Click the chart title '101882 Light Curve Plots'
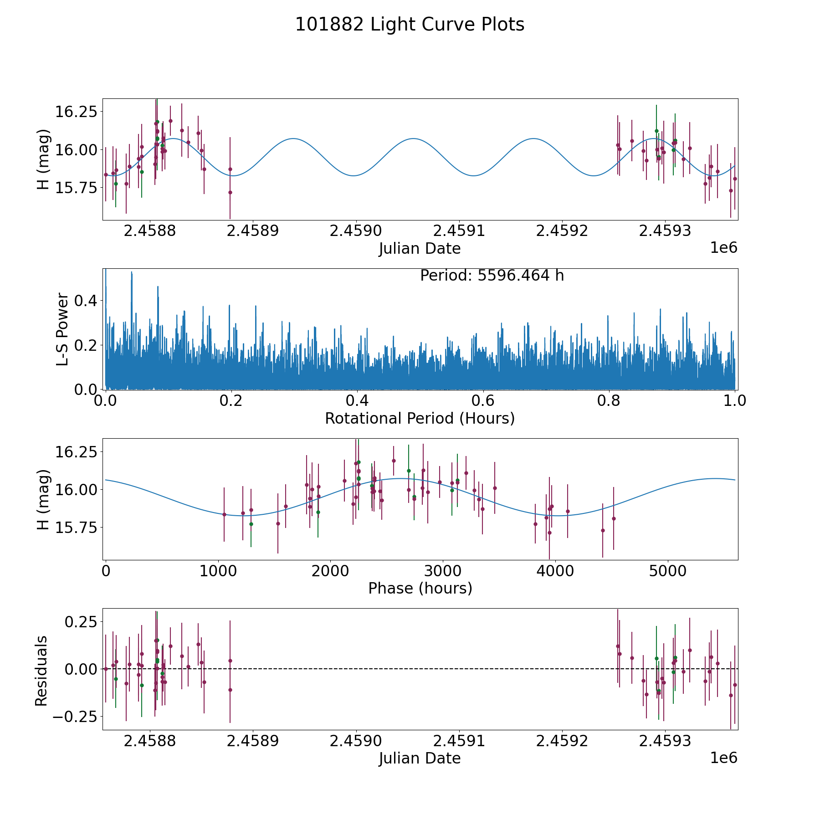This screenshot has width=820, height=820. coord(410,25)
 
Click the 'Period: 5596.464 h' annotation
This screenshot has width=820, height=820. coord(492,276)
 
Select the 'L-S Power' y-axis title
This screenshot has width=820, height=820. coord(62,329)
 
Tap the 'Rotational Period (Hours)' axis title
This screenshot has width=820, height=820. coord(420,418)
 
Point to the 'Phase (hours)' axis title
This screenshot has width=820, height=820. coord(420,588)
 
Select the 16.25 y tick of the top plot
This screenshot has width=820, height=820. coord(76,111)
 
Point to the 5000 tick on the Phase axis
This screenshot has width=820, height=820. coord(667,571)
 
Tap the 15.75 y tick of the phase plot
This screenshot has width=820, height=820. coord(76,528)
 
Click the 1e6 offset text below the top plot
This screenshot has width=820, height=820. coord(724,248)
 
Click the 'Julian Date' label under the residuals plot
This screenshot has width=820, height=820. coord(420,758)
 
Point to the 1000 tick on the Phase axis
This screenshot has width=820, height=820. coord(218,571)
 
